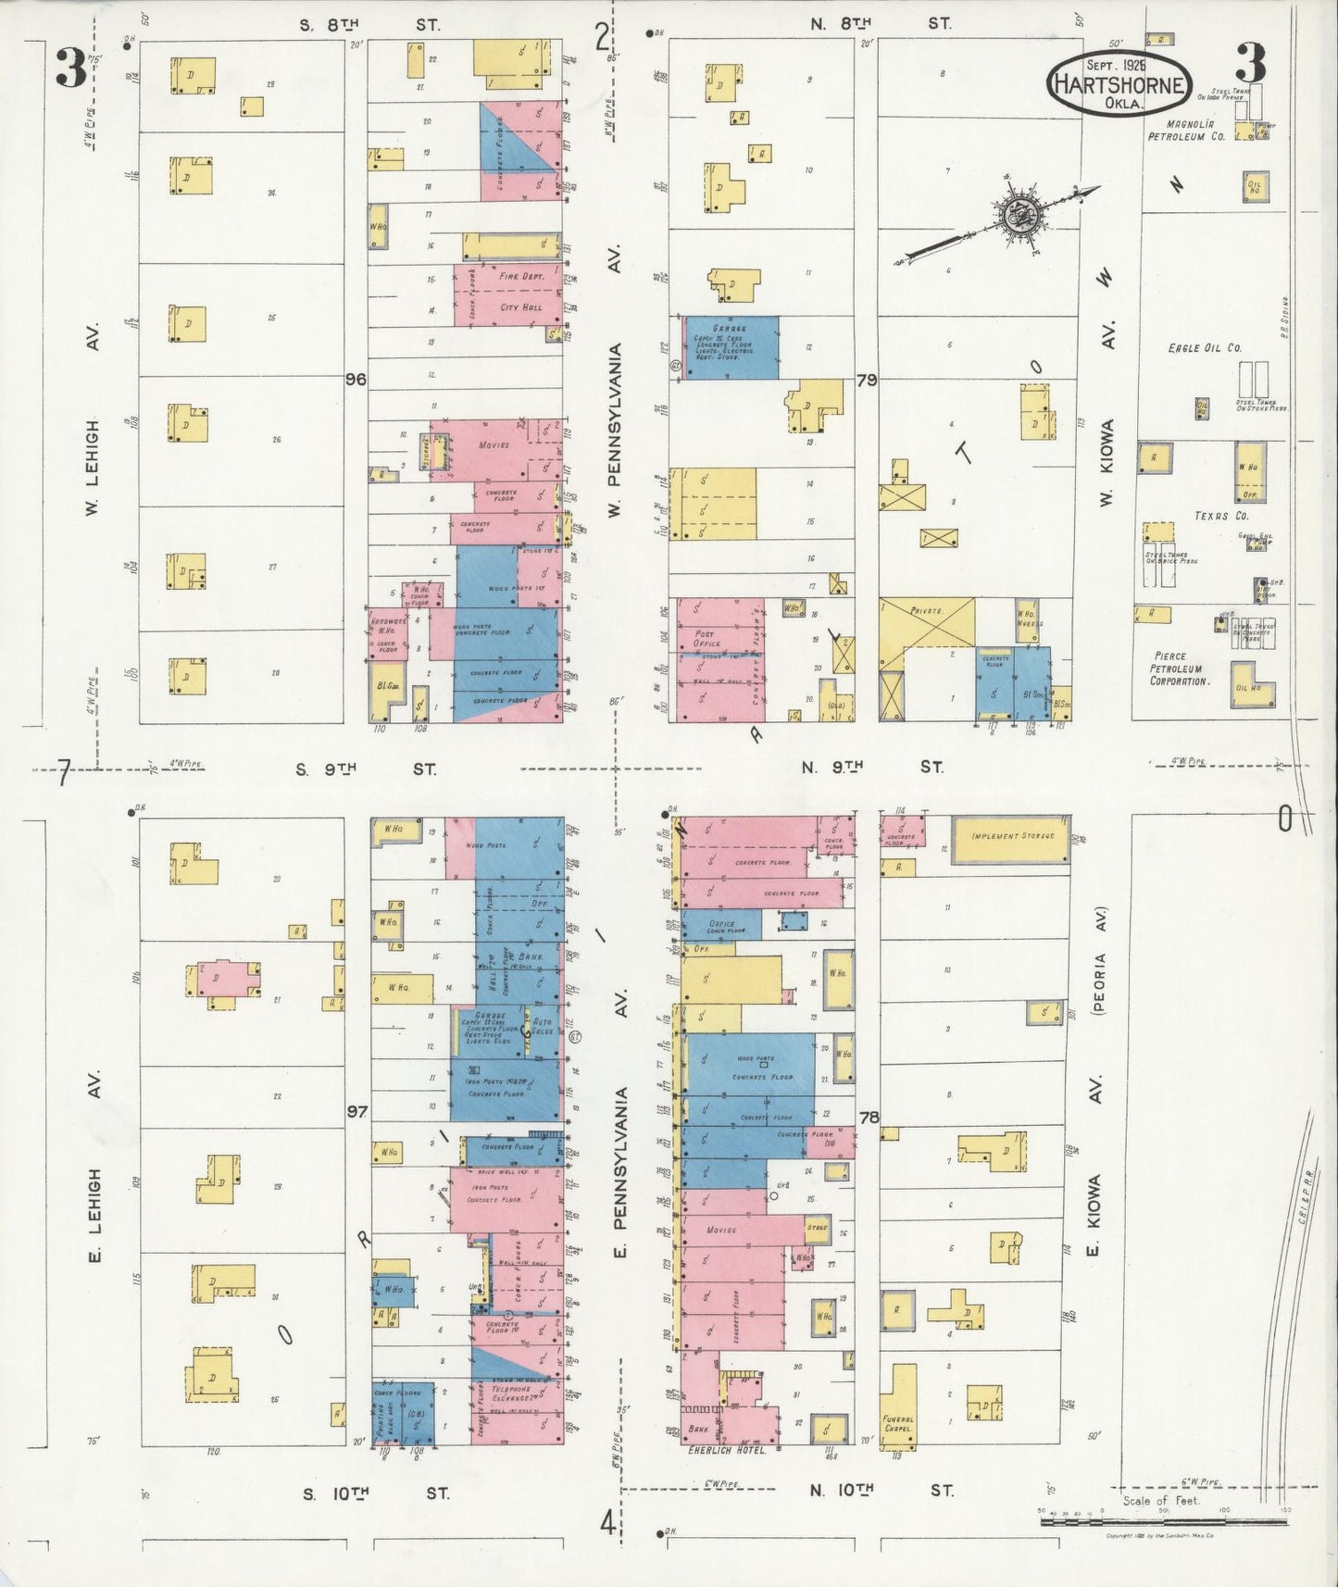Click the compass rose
click(1021, 213)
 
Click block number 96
click(356, 379)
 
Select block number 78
click(868, 1117)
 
